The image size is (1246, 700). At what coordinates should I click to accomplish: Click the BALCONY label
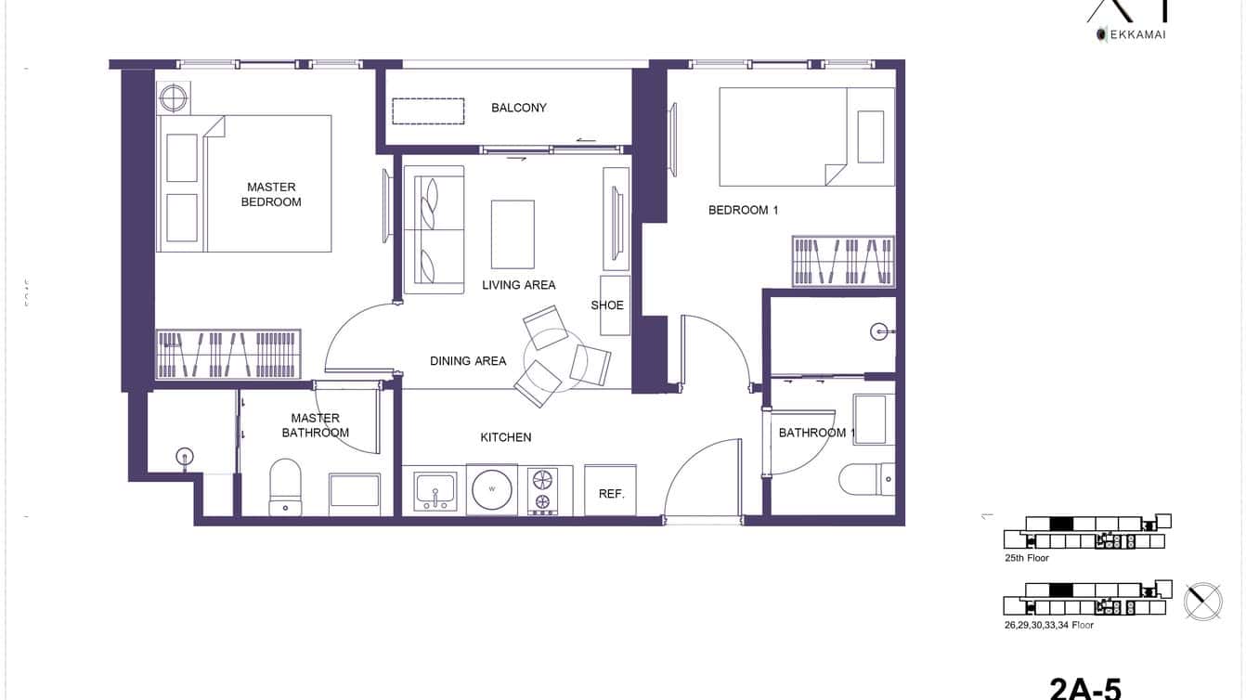point(519,108)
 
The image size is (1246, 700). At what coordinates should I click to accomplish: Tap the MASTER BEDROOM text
point(271,194)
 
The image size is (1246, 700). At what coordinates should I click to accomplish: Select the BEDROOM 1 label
point(743,210)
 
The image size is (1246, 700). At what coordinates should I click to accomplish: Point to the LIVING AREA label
point(518,285)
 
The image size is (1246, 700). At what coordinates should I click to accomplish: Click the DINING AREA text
point(468,361)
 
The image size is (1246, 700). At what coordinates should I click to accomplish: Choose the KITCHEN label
point(505,437)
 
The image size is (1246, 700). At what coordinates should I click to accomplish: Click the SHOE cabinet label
point(607,305)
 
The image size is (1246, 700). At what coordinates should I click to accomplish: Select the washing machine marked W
point(493,489)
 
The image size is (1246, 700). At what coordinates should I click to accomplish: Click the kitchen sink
point(435,489)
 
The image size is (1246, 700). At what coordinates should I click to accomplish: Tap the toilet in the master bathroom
point(285,486)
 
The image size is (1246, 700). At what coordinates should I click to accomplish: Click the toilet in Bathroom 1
point(865,480)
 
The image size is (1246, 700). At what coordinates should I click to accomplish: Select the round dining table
point(555,356)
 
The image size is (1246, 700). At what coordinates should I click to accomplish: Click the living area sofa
point(433,229)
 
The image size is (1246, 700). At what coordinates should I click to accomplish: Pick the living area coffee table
point(513,234)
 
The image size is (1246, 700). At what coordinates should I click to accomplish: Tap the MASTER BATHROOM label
point(316,425)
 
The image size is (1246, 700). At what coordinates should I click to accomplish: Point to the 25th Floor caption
point(1026,558)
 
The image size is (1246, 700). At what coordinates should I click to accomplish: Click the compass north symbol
point(1203,601)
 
